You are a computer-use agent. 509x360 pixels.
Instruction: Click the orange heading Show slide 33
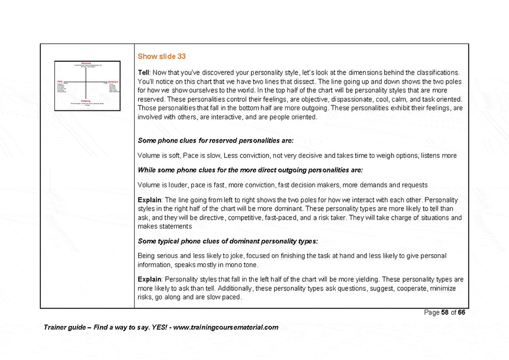tap(162, 57)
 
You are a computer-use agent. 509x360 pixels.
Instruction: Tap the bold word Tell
tap(143, 73)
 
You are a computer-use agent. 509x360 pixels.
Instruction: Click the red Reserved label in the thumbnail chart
tap(86, 63)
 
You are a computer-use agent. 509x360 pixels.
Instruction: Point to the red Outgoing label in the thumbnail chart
tap(86, 101)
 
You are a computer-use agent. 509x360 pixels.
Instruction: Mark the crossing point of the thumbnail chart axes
tap(86, 83)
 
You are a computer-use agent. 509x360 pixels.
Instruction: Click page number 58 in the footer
tap(445, 313)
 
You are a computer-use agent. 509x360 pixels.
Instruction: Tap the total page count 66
tap(461, 313)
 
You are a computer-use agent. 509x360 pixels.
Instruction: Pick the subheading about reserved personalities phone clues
tap(215, 140)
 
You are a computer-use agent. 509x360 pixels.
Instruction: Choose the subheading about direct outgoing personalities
tap(250, 170)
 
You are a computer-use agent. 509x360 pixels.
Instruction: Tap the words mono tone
tap(242, 264)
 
